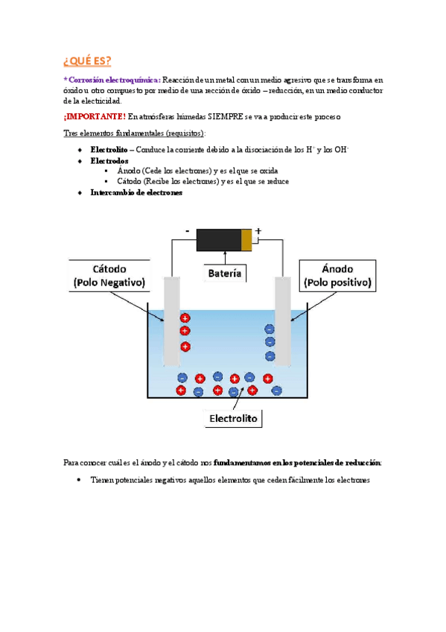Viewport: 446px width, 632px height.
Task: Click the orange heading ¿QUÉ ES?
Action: point(87,61)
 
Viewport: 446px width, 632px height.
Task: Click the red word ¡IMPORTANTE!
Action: point(95,116)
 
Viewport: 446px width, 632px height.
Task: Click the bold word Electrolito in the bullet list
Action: point(109,150)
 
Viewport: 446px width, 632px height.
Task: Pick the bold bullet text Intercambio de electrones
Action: point(136,192)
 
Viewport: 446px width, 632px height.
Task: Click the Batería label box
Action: point(225,274)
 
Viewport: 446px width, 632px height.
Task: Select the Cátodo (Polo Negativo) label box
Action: point(109,275)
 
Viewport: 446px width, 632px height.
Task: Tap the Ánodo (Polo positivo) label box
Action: point(337,275)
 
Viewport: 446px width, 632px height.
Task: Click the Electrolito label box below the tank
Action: point(234,418)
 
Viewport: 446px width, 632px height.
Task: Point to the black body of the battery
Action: point(219,240)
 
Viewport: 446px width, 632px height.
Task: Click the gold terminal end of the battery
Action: point(246,240)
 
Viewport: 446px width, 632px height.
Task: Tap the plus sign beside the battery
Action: point(258,231)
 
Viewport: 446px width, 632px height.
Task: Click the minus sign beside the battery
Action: point(187,231)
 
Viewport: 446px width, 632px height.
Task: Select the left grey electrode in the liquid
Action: point(172,321)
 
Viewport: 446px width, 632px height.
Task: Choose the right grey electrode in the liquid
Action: point(283,321)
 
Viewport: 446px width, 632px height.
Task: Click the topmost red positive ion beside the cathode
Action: point(185,318)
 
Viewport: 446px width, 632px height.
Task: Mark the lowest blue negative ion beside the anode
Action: point(270,356)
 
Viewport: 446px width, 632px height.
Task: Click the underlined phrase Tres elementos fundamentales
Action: point(113,133)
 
